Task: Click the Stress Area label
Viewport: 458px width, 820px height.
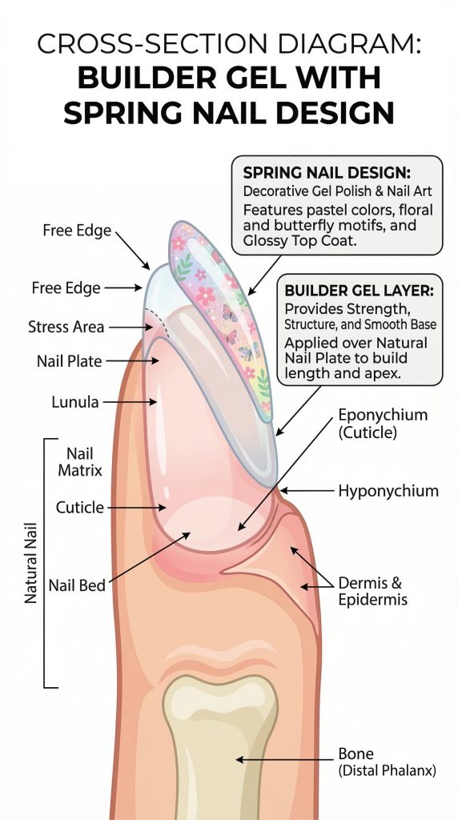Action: [66, 328]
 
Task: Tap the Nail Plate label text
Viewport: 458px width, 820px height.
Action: [70, 361]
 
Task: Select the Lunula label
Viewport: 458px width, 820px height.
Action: [74, 402]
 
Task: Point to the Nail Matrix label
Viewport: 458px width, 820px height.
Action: [80, 462]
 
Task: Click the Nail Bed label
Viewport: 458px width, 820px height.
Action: [77, 585]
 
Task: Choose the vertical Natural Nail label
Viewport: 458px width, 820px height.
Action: [31, 563]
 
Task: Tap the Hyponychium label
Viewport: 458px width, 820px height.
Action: [388, 491]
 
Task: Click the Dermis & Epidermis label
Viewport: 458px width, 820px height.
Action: [373, 591]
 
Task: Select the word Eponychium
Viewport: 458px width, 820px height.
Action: [384, 416]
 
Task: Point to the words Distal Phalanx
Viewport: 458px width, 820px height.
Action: [387, 770]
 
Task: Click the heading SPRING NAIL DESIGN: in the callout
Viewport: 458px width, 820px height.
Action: [327, 173]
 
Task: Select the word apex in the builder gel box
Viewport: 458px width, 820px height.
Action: [382, 376]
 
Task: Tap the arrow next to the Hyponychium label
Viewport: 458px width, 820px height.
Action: [307, 491]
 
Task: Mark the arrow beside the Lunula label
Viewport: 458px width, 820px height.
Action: [130, 402]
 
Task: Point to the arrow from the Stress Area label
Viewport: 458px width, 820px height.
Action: [131, 328]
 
